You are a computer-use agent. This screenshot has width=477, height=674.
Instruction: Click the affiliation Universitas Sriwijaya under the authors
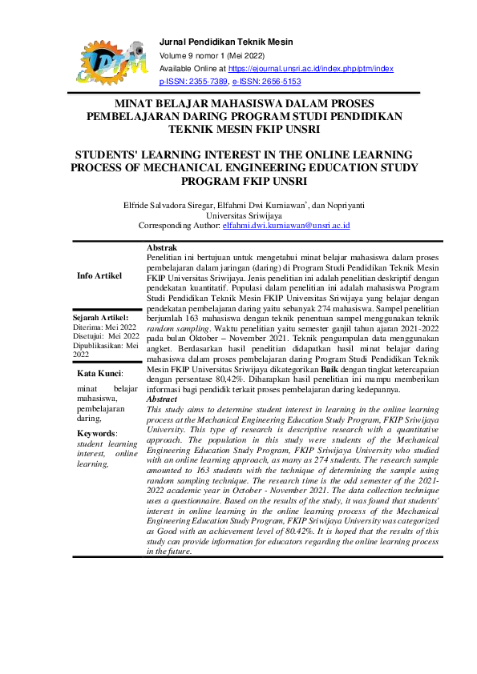[238, 215]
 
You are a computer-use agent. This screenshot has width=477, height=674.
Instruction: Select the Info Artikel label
[99, 275]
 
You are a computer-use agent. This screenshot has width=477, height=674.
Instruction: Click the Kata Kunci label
[99, 374]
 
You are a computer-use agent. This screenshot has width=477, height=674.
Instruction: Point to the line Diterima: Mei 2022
[105, 327]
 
